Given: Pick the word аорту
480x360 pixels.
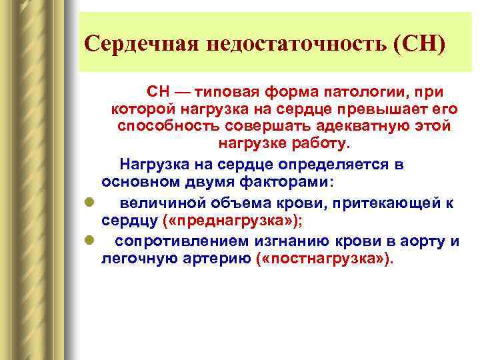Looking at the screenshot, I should pyautogui.click(x=418, y=241).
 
